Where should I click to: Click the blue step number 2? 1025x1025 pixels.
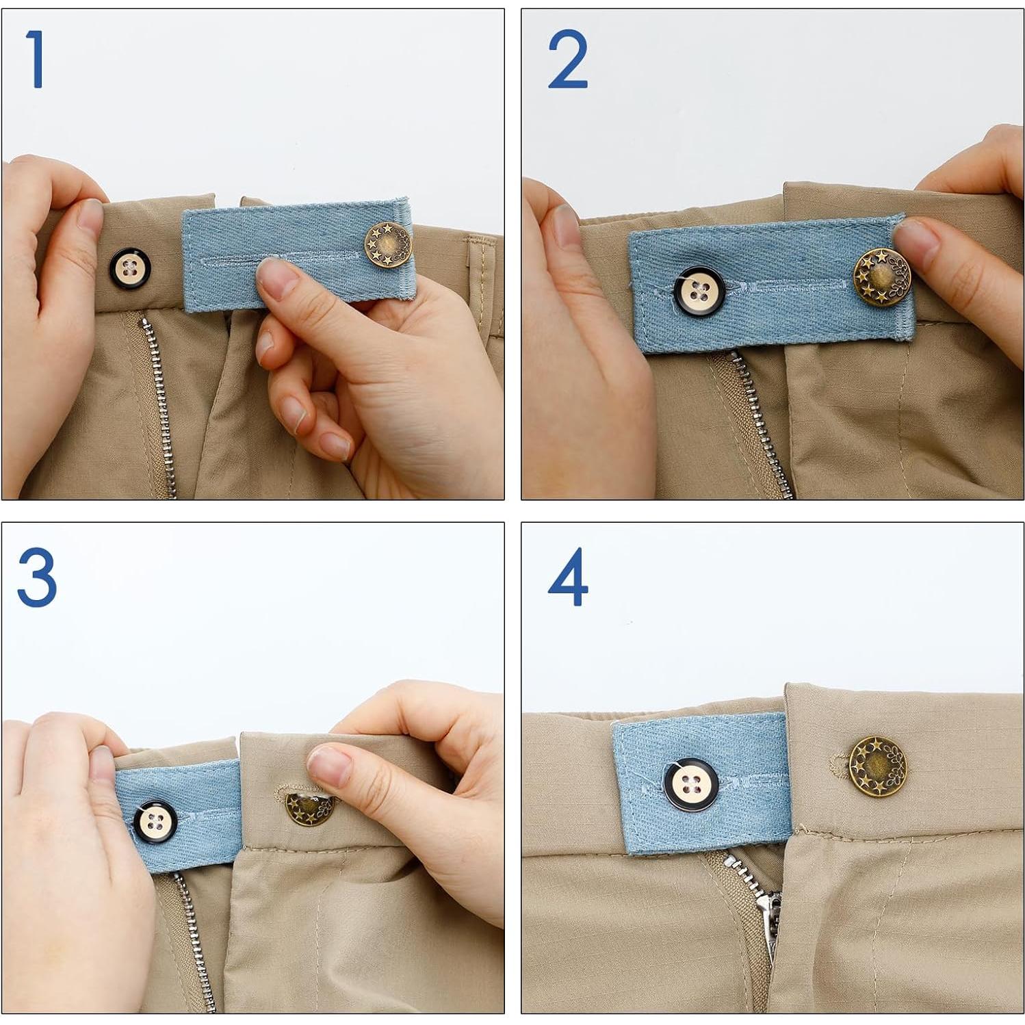coord(567,60)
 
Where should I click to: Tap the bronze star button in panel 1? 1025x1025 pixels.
coord(388,244)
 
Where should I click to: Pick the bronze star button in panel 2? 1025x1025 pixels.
coord(881,277)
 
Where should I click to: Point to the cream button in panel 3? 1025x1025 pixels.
coord(155,820)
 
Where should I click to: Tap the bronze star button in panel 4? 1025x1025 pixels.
coord(877,766)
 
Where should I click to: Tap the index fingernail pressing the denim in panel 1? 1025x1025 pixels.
coord(276,279)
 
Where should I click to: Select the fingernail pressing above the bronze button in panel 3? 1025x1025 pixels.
coord(329,765)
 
